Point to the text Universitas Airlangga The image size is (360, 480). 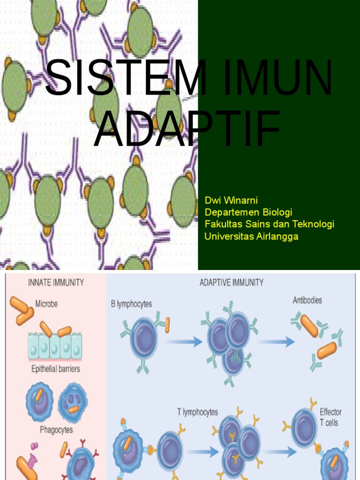[x=251, y=236]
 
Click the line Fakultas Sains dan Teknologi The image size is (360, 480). [x=270, y=225]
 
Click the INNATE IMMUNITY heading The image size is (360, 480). [x=56, y=283]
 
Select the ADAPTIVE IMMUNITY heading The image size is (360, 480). [x=232, y=283]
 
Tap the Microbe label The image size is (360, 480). [x=46, y=304]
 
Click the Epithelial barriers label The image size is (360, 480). [x=55, y=369]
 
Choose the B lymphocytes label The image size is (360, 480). [x=131, y=304]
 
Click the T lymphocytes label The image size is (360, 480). [x=197, y=412]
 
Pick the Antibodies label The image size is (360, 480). [x=307, y=300]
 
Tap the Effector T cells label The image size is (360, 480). [x=330, y=417]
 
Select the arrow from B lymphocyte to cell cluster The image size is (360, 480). [x=183, y=342]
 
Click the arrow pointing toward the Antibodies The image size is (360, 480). [x=277, y=342]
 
